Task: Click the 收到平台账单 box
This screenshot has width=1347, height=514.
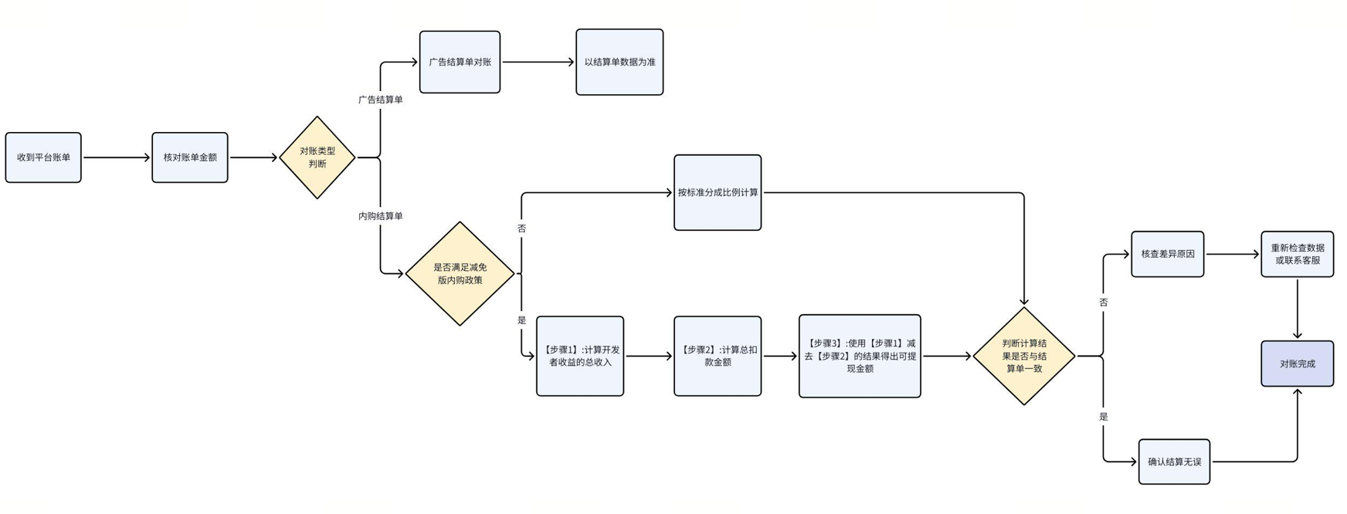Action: tap(43, 157)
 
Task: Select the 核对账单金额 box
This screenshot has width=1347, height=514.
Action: tap(190, 157)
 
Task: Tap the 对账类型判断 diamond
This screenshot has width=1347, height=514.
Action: tap(317, 157)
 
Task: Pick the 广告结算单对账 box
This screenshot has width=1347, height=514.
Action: tap(460, 63)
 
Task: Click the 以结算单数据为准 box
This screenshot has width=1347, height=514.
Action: tap(619, 63)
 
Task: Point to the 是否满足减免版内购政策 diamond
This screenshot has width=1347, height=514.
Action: tap(460, 274)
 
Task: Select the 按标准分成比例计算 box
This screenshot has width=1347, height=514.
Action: tap(718, 193)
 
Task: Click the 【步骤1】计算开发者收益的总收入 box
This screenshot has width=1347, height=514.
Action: tap(580, 357)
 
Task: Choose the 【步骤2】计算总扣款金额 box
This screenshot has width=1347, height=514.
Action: tap(718, 357)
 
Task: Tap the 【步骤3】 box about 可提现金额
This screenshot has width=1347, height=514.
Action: tap(860, 357)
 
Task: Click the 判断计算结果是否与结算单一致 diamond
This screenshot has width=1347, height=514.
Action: tap(1024, 357)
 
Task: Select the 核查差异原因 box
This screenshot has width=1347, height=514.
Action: tap(1168, 254)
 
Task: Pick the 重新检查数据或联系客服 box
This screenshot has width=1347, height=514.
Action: tap(1298, 254)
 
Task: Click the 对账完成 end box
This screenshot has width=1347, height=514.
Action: tap(1298, 364)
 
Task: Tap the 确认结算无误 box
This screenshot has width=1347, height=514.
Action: tap(1174, 462)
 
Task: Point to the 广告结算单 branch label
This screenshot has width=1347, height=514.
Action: tap(380, 100)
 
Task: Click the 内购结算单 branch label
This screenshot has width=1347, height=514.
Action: tap(380, 216)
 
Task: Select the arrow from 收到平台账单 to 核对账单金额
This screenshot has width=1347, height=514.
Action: tap(116, 157)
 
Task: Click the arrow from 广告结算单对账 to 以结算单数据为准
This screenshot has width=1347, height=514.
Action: tap(538, 63)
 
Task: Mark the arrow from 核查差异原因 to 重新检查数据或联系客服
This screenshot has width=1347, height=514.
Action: tap(1232, 254)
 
